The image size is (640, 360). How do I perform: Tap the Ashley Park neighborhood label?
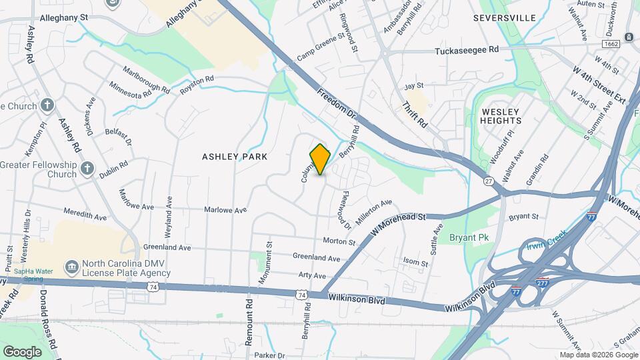tap(235, 157)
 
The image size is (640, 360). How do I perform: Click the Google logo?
tap(22, 351)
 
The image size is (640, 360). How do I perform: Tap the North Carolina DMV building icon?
tap(71, 267)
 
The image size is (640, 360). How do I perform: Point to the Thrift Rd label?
tap(415, 115)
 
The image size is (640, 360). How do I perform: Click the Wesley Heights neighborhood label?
tap(501, 116)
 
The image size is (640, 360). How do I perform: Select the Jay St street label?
tap(414, 86)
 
